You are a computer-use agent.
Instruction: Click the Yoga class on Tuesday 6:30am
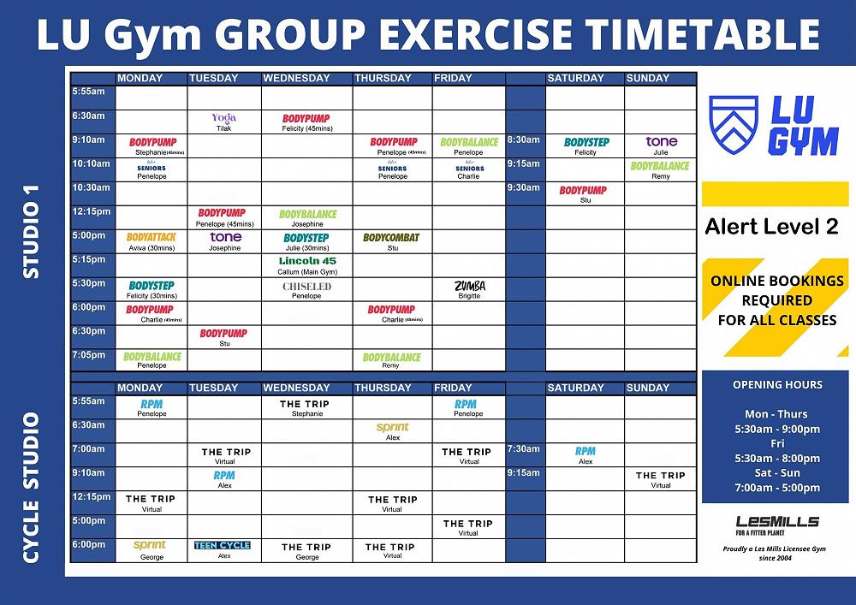pos(223,118)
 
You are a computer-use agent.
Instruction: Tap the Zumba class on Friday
pos(469,287)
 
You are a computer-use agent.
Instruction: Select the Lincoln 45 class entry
pos(307,261)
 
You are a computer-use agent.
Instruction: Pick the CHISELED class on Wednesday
pos(306,287)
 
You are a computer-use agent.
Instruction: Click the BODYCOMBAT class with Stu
pos(391,238)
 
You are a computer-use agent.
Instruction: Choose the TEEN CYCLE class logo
pos(223,545)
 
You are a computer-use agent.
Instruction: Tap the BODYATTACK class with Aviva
pos(151,238)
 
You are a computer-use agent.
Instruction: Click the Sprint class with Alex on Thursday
pos(392,428)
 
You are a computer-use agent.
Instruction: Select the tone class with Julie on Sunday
pos(661,142)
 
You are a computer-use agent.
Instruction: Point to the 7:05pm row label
pos(89,354)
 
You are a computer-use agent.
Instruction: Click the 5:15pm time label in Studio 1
pos(89,258)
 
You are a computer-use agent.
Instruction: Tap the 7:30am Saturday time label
pos(523,448)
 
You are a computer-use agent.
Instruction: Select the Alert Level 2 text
pos(771,228)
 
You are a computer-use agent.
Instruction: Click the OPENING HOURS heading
pos(777,384)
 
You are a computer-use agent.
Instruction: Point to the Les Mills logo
pos(777,523)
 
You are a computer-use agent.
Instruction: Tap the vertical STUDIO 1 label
pos(32,227)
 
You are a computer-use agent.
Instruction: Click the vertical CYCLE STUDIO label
pos(32,488)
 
